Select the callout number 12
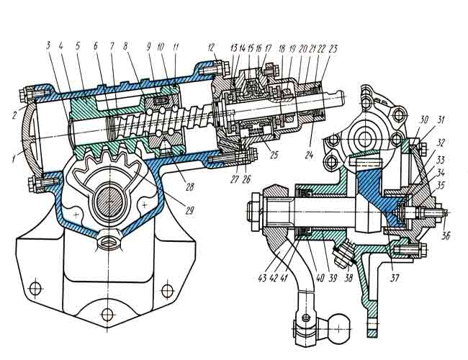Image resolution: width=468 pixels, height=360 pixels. [x=211, y=48]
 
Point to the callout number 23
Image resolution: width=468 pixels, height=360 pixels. [x=333, y=49]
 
